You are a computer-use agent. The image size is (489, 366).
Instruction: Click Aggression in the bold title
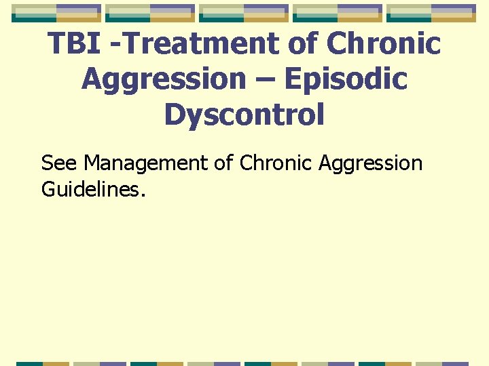(163, 80)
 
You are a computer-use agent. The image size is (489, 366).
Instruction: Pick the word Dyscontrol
(244, 115)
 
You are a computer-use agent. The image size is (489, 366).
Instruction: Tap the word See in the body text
(60, 163)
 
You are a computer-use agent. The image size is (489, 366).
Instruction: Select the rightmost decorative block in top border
(432, 12)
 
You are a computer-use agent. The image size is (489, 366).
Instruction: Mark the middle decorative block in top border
(244, 12)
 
